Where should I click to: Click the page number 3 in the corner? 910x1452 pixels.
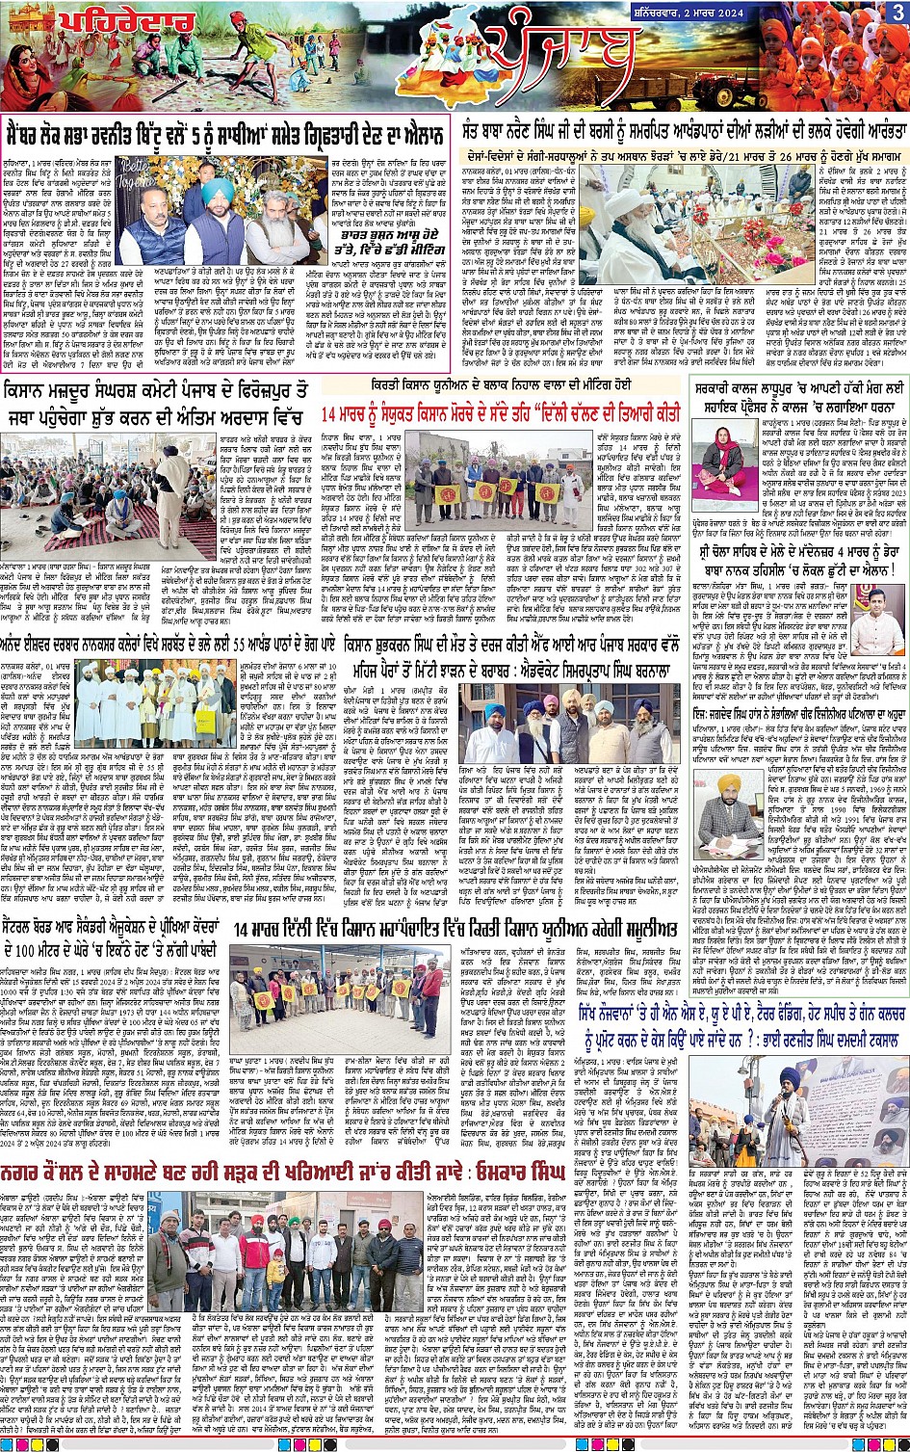[x=897, y=12]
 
